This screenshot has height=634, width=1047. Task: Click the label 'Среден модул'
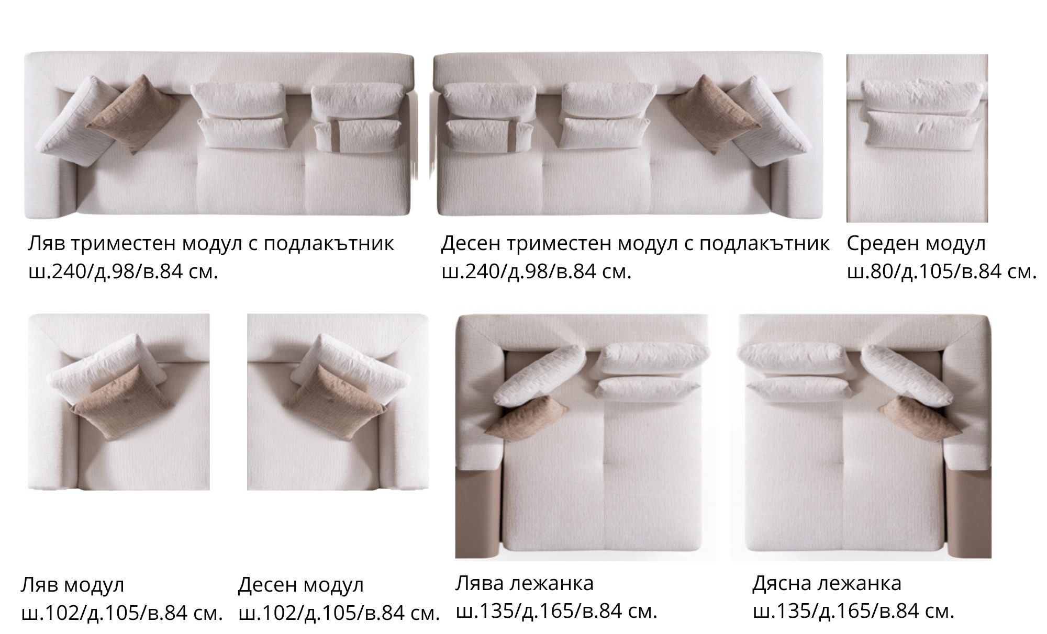pyautogui.click(x=916, y=243)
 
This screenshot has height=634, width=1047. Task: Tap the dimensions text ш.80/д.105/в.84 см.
pyautogui.click(x=942, y=271)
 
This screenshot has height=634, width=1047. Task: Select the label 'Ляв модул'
pyautogui.click(x=73, y=584)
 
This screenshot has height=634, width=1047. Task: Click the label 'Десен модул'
pyautogui.click(x=301, y=584)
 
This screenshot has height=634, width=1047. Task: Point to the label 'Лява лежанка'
pyautogui.click(x=525, y=583)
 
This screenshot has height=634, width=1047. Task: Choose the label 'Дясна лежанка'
pyautogui.click(x=827, y=583)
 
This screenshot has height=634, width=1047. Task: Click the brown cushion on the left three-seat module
pyautogui.click(x=133, y=115)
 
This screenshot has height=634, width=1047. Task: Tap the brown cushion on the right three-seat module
pyautogui.click(x=714, y=115)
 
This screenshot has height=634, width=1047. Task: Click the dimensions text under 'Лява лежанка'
pyautogui.click(x=556, y=611)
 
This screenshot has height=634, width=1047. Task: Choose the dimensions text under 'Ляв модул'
pyautogui.click(x=122, y=613)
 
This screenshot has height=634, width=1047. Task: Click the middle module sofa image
pyautogui.click(x=917, y=138)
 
